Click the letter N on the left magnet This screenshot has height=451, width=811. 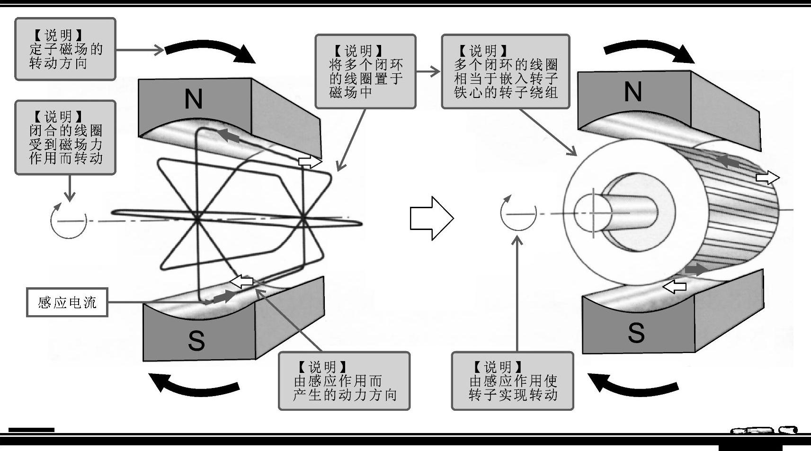[x=193, y=99]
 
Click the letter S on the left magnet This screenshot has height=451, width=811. [x=196, y=340]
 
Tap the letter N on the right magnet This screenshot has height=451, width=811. [x=633, y=92]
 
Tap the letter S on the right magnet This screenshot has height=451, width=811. [x=636, y=332]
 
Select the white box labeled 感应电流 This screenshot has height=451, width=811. [x=67, y=302]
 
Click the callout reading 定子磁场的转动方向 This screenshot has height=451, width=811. [x=65, y=49]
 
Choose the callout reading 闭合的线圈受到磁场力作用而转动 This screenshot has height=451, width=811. [x=65, y=138]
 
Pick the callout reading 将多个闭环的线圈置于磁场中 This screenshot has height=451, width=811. [x=365, y=71]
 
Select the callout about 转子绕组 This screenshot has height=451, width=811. [x=505, y=71]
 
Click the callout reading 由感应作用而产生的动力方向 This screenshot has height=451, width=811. [x=344, y=381]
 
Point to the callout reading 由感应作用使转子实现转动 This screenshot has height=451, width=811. [x=512, y=381]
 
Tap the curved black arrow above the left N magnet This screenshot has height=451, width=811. [x=211, y=51]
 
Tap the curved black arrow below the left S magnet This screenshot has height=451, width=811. [x=194, y=384]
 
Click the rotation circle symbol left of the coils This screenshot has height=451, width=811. [x=69, y=221]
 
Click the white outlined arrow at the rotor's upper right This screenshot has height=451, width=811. [x=767, y=178]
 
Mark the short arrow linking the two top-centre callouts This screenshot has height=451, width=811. [x=428, y=72]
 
